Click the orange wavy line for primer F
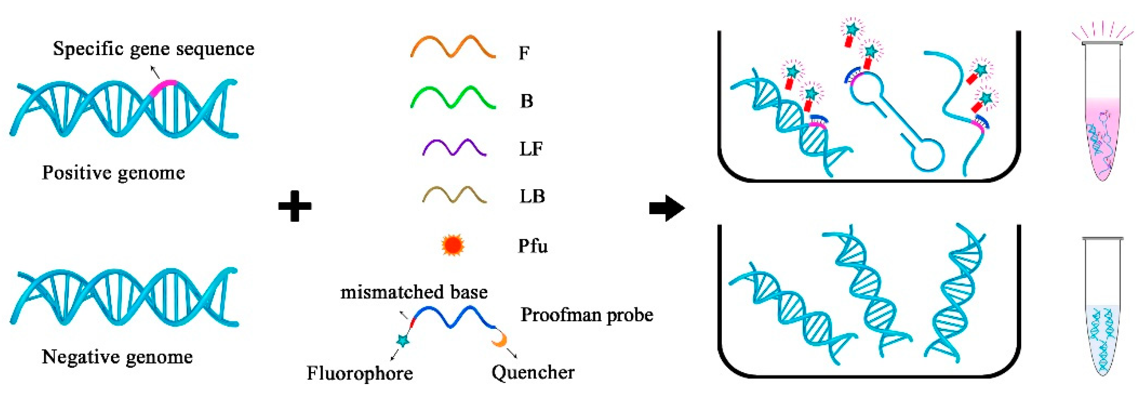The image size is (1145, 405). click(453, 47)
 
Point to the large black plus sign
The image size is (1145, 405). click(295, 206)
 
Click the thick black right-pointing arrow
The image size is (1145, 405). click(666, 207)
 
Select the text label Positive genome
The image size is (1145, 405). click(113, 173)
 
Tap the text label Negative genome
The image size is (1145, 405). click(117, 357)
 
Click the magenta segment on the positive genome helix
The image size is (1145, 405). click(163, 86)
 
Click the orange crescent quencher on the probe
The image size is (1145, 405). click(500, 340)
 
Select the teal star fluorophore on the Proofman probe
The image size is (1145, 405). click(403, 340)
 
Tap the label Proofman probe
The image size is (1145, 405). click(586, 315)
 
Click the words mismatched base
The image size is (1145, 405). click(414, 292)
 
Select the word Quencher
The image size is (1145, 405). click(533, 372)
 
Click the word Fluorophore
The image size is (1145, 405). click(360, 373)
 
